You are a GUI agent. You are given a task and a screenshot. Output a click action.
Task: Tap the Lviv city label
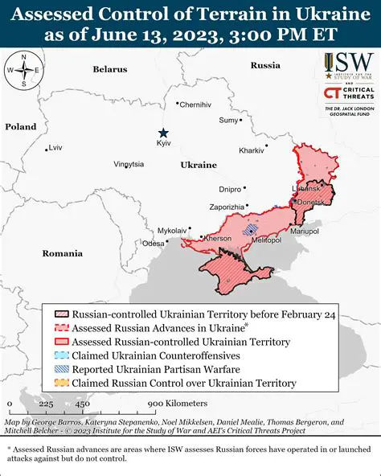point(55,148)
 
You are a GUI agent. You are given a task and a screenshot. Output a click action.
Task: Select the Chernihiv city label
point(195,105)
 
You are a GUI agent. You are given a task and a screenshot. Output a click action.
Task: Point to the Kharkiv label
point(252,150)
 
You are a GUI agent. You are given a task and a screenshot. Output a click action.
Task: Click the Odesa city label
point(153,243)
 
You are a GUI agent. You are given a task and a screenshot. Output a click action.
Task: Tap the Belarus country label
point(109,69)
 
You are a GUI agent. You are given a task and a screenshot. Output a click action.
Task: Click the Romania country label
point(63,253)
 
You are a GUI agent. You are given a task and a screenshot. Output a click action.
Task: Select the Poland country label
point(20,127)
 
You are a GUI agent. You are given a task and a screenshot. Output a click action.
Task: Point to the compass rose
point(24,70)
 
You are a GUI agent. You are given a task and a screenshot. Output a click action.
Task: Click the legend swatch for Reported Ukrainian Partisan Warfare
point(61,369)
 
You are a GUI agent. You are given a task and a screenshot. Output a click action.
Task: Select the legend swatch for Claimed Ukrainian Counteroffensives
point(61,355)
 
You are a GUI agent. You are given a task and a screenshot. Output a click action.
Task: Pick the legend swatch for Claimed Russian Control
point(61,384)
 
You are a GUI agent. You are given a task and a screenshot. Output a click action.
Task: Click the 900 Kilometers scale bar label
point(177,403)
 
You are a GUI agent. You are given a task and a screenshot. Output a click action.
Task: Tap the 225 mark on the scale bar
point(46,404)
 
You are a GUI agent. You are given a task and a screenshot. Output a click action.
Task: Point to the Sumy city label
point(229,120)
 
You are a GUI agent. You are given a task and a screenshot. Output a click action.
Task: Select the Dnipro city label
point(230,189)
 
